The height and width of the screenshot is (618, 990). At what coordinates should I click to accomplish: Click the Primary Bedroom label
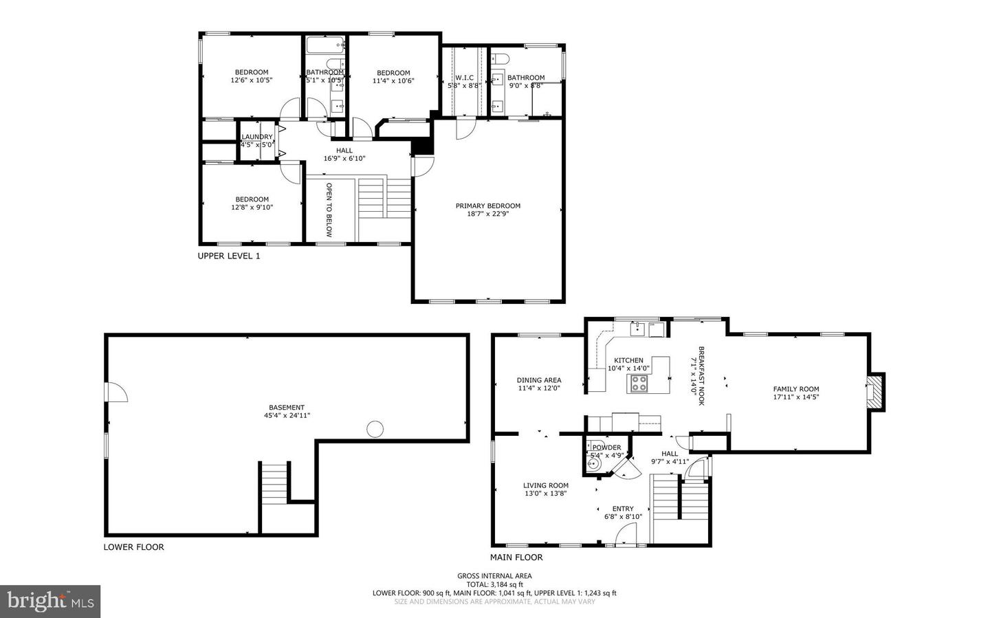(x=487, y=206)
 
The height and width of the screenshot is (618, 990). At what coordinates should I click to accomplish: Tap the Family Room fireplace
(x=874, y=392)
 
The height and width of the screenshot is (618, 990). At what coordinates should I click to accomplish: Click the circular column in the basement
(x=375, y=430)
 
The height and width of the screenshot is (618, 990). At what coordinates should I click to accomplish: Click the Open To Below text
(x=329, y=210)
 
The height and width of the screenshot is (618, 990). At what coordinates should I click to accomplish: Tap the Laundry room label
(x=257, y=137)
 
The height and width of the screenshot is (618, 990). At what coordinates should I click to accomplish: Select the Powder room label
(x=606, y=448)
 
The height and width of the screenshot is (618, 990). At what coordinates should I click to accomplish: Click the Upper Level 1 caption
(x=229, y=256)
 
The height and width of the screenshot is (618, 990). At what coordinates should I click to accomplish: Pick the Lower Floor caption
(x=133, y=547)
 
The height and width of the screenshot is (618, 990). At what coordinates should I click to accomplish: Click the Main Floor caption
(x=516, y=558)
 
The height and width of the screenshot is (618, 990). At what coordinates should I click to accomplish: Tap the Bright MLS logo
(x=50, y=602)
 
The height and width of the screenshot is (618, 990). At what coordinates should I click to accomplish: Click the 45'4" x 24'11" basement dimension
(x=287, y=415)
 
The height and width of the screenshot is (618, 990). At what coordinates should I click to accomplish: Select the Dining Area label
(x=539, y=380)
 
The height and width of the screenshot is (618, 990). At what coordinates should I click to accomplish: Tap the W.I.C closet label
(x=464, y=78)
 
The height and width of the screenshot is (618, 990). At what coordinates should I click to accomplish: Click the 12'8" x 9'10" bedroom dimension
(x=252, y=207)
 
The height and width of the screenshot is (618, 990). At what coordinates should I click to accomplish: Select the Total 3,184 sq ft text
(x=494, y=584)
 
